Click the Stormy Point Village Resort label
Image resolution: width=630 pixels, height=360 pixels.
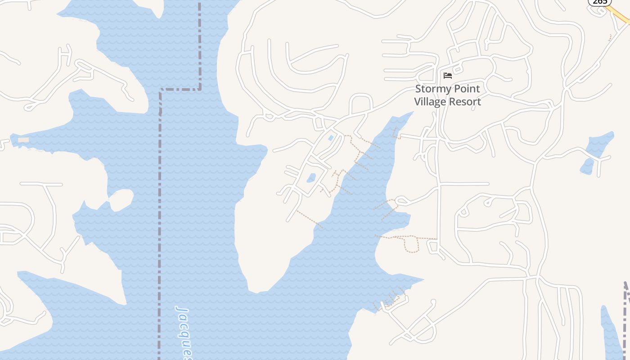coord(447,95)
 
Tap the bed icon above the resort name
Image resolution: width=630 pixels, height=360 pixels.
coord(447,75)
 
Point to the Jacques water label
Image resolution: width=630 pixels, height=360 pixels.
coord(184,333)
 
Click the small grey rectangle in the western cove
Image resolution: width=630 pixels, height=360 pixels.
coord(23,140)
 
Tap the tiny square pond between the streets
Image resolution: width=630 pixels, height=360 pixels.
coord(331,138)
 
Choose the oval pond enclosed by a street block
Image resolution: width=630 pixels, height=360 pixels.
coord(311,178)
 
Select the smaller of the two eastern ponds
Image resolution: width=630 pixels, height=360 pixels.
coord(587,166)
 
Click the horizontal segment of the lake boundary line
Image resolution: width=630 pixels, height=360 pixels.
coord(180,89)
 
